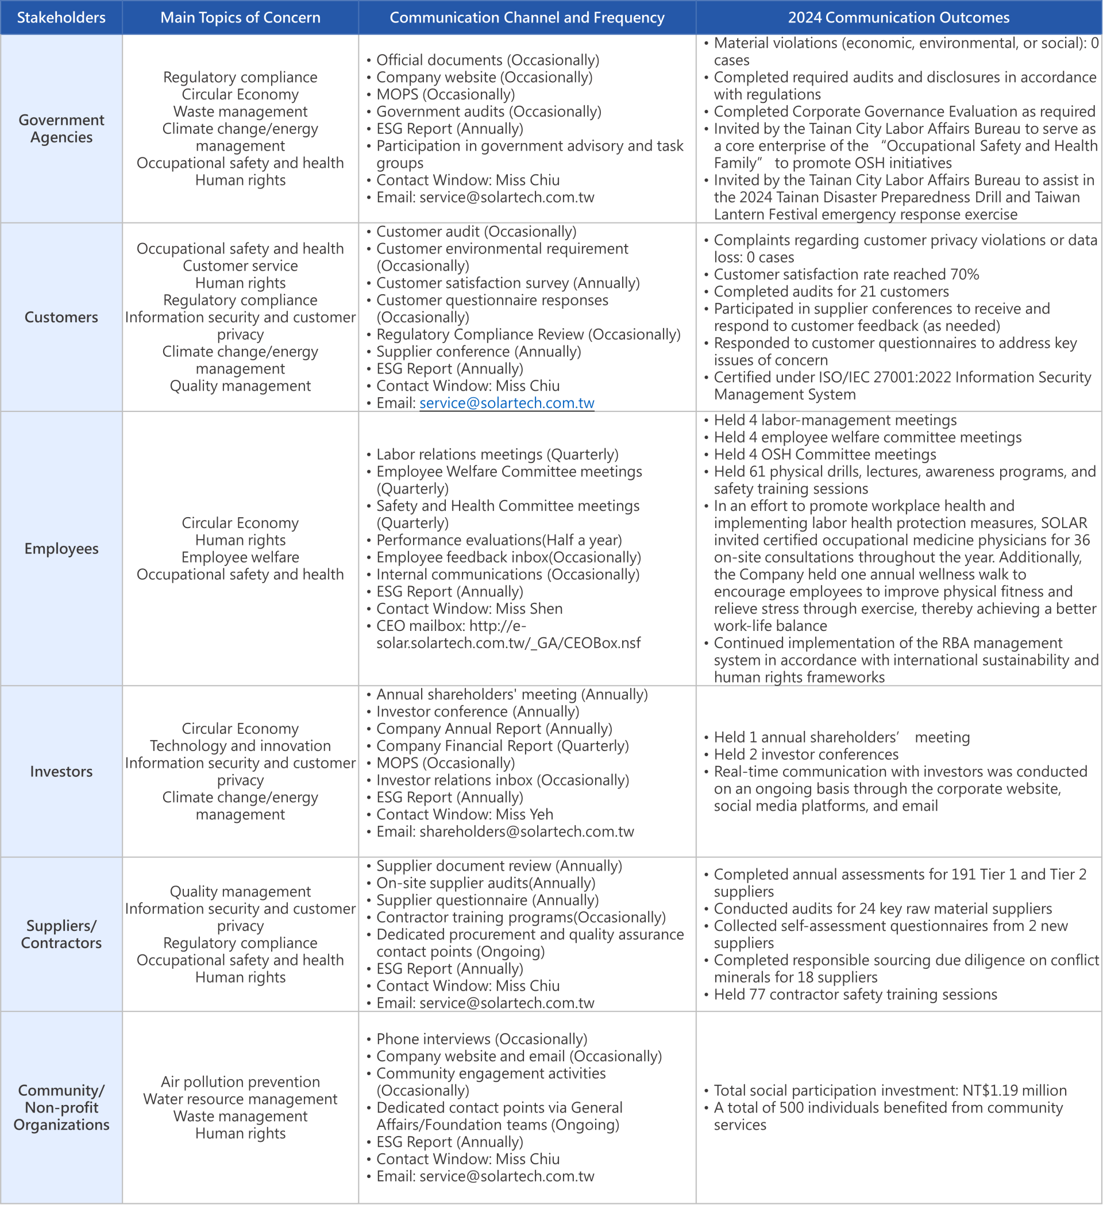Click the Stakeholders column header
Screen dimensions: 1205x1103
[x=61, y=17]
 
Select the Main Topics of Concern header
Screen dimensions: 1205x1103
[x=240, y=17]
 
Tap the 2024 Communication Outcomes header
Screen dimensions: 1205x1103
[x=898, y=17]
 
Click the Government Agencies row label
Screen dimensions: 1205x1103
[x=61, y=129]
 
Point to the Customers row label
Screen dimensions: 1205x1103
[x=61, y=317]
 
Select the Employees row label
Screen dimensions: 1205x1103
[x=61, y=548]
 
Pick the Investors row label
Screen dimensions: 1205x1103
[x=61, y=771]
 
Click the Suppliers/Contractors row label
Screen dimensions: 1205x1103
[x=61, y=934]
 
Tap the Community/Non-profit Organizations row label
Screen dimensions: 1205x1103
[x=61, y=1107]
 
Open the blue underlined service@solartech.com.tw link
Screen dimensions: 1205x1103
[x=507, y=403]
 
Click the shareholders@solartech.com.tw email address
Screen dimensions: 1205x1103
[x=526, y=831]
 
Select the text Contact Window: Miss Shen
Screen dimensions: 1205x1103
[x=469, y=609]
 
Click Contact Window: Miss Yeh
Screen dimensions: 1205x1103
[x=464, y=814]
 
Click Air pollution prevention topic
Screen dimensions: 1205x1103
[x=240, y=1082]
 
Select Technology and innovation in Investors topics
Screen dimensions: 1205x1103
[x=240, y=745]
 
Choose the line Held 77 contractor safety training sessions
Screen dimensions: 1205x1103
[x=855, y=994]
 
